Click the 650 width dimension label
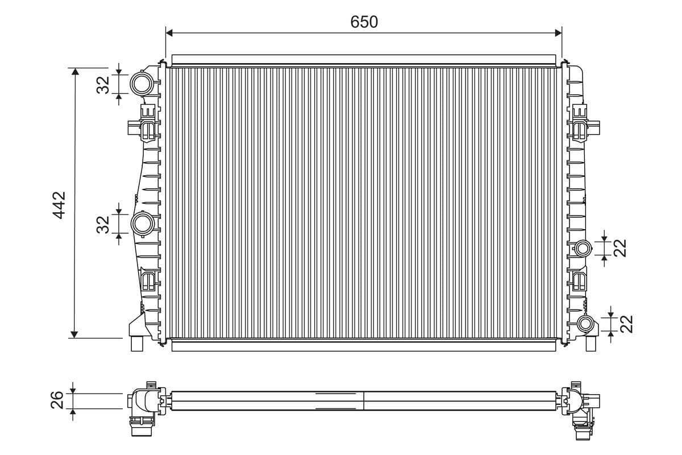click(364, 22)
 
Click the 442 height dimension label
click(59, 205)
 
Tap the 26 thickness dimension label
click(57, 400)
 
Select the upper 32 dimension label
click(103, 85)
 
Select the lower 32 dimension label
click(103, 225)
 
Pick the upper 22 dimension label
click(620, 248)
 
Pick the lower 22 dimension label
click(626, 324)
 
